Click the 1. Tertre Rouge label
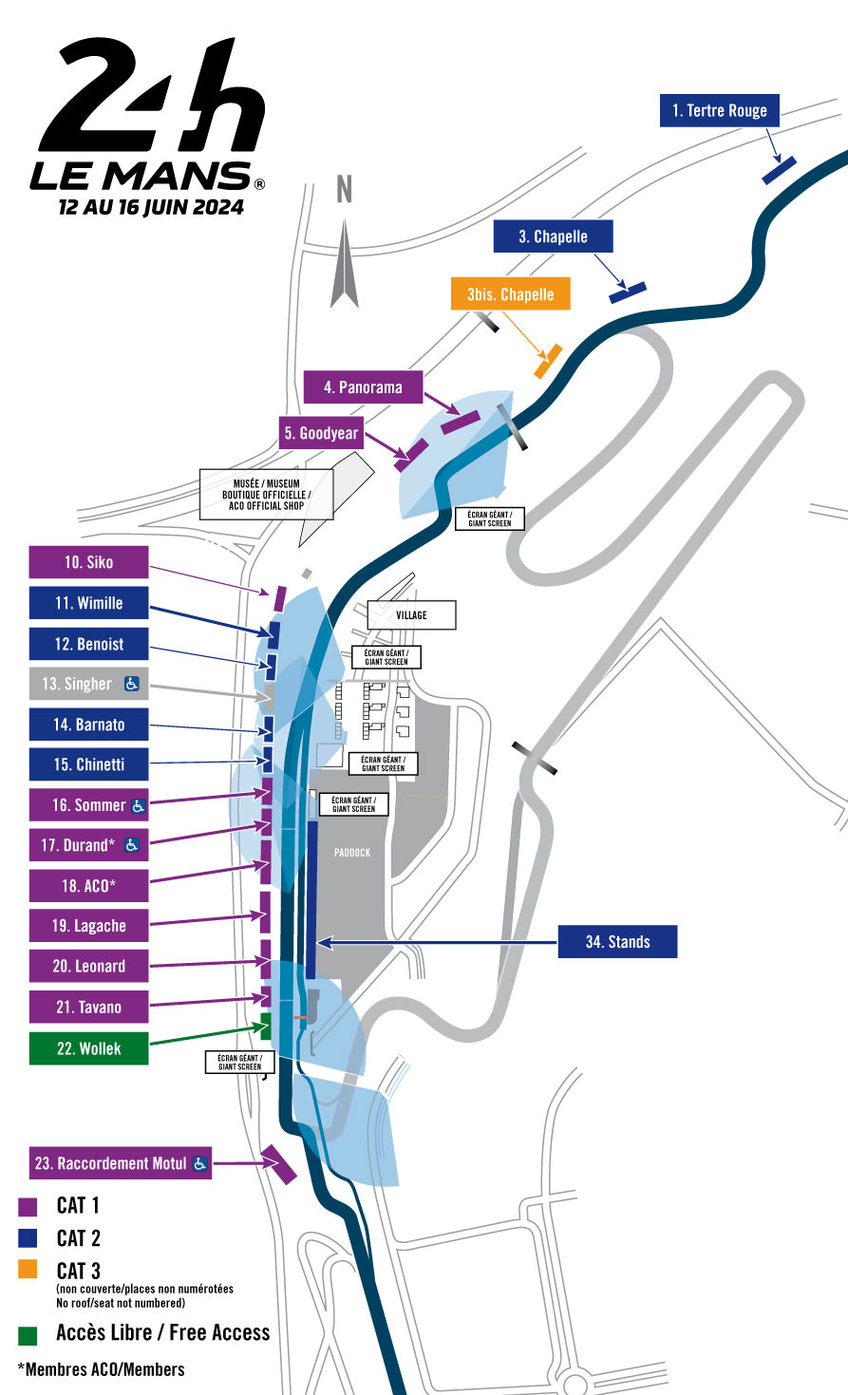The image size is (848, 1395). pyautogui.click(x=719, y=110)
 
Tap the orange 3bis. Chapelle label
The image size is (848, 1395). pyautogui.click(x=510, y=294)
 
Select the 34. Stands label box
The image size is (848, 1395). pyautogui.click(x=617, y=942)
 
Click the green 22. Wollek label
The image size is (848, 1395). pyautogui.click(x=88, y=1048)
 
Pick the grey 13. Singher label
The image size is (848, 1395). pyautogui.click(x=88, y=684)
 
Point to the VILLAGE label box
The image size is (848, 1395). pyautogui.click(x=411, y=615)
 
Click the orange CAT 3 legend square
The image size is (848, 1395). pyautogui.click(x=28, y=1270)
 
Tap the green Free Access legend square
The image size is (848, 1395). pyautogui.click(x=28, y=1335)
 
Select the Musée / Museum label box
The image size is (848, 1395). pyautogui.click(x=266, y=495)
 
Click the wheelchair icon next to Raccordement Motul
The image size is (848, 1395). pyautogui.click(x=199, y=1163)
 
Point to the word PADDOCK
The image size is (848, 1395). pyautogui.click(x=352, y=853)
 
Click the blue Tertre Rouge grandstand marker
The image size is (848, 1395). pyautogui.click(x=779, y=171)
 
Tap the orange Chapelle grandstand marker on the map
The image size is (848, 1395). pyautogui.click(x=548, y=362)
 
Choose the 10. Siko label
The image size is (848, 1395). pyautogui.click(x=88, y=562)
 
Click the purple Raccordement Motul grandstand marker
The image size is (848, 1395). pyautogui.click(x=279, y=1164)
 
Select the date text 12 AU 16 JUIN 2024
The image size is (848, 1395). pyautogui.click(x=151, y=208)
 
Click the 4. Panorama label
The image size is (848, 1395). pyautogui.click(x=363, y=387)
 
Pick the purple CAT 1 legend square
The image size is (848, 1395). pyautogui.click(x=28, y=1207)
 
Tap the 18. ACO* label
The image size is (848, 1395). pyautogui.click(x=88, y=886)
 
